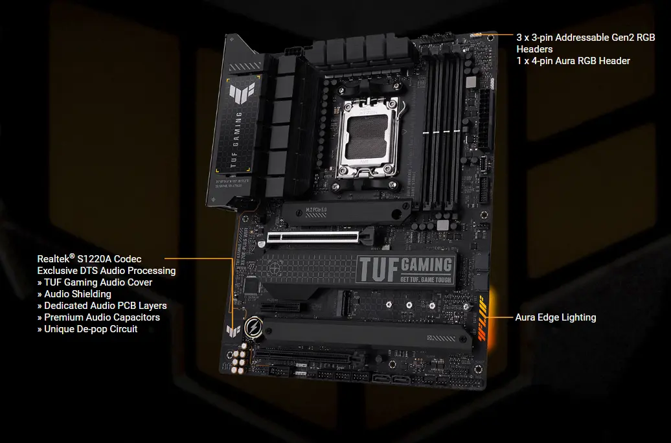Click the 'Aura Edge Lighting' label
click(x=555, y=317)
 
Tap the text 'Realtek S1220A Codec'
click(x=89, y=259)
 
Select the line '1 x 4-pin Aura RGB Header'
click(x=573, y=61)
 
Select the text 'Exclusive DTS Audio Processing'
click(x=106, y=271)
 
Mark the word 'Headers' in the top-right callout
click(x=534, y=49)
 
